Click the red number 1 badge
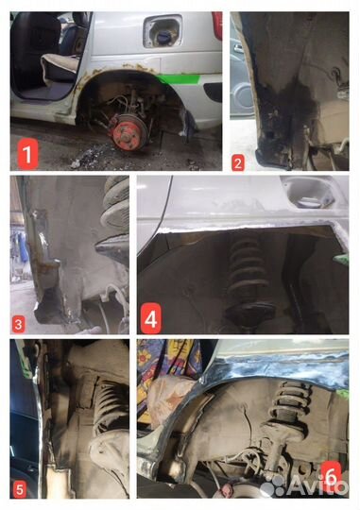coord(27,154)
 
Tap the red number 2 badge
coord(238,162)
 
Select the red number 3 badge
coord(19,324)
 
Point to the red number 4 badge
coord(151,318)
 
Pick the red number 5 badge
coord(20,489)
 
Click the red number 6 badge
coord(331,476)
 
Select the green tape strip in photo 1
coord(178,78)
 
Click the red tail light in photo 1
coord(217,25)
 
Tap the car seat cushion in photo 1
coord(60,66)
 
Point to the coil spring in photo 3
coord(115,206)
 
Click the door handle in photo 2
coord(239,49)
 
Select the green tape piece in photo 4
coord(341,260)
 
